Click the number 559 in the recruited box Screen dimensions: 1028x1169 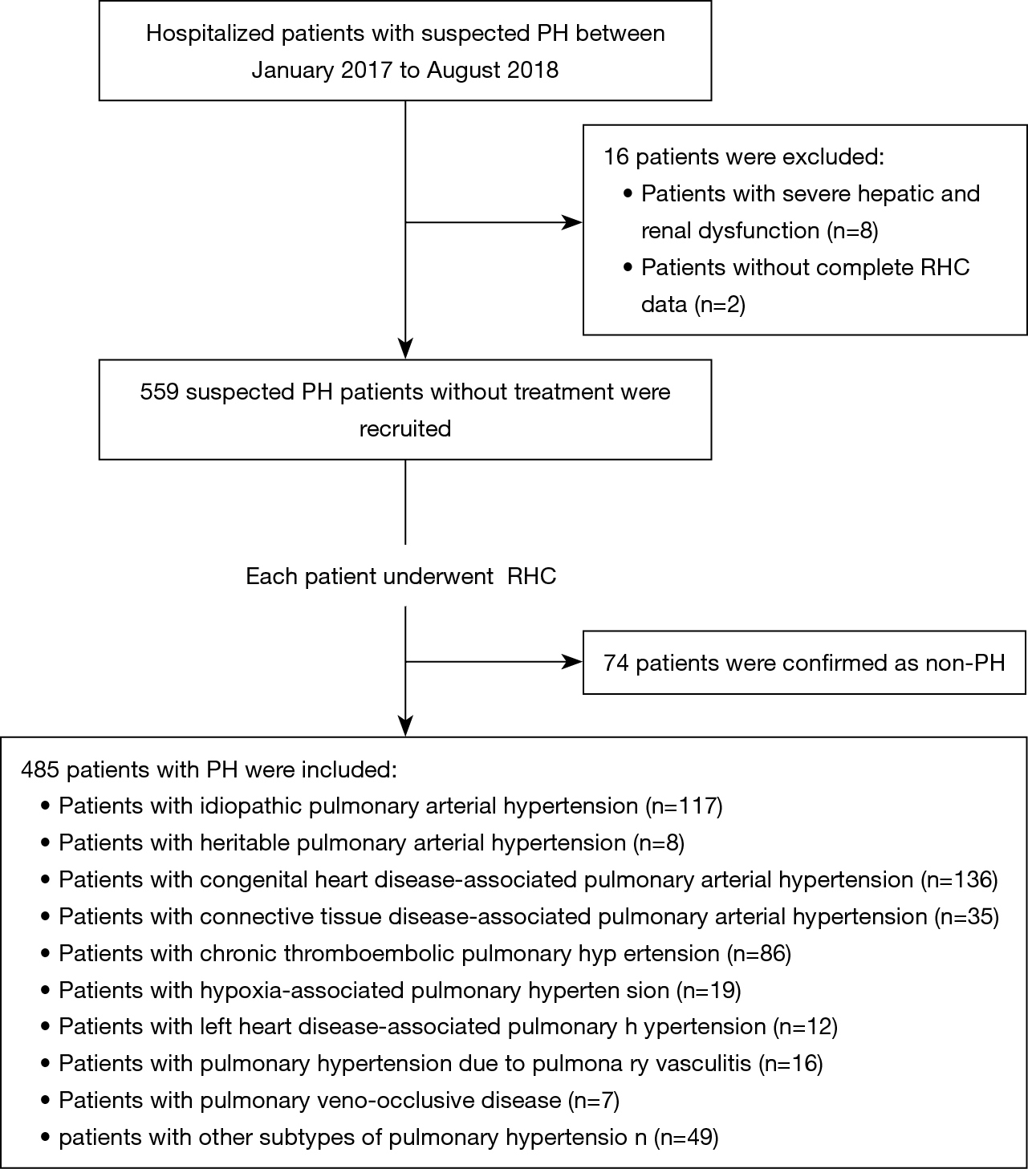pyautogui.click(x=159, y=392)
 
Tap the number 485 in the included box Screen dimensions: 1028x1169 pyautogui.click(x=40, y=769)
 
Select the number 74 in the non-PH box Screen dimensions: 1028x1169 pyautogui.click(x=616, y=663)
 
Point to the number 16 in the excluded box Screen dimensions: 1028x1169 pyautogui.click(x=616, y=157)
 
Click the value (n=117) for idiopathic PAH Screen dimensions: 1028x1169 pyautogui.click(x=684, y=806)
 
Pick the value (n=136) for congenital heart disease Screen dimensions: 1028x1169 pyautogui.click(x=960, y=880)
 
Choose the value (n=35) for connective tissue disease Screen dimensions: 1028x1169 pyautogui.click(x=967, y=917)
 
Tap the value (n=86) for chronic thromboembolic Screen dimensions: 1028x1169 pyautogui.click(x=759, y=954)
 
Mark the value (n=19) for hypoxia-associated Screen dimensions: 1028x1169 pyautogui.click(x=709, y=991)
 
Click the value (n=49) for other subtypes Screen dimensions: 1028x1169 pyautogui.click(x=686, y=1138)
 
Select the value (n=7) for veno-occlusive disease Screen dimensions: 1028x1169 pyautogui.click(x=594, y=1101)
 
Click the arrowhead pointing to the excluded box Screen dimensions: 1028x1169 pyautogui.click(x=572, y=223)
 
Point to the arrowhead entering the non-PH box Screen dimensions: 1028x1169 pyautogui.click(x=572, y=662)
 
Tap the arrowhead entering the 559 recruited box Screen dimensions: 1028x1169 pyautogui.click(x=406, y=348)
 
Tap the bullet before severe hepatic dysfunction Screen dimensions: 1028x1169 pyautogui.click(x=628, y=194)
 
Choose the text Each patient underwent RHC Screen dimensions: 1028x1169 pyautogui.click(x=401, y=576)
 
